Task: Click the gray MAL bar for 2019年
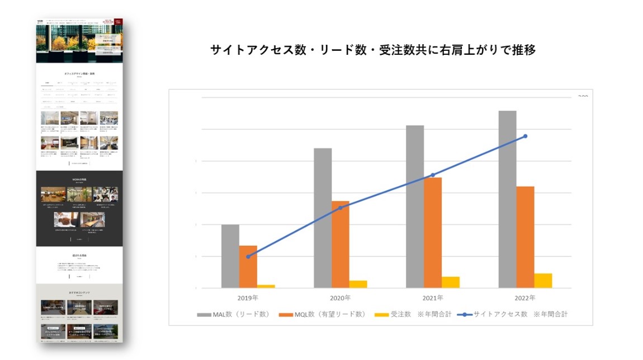tap(230, 256)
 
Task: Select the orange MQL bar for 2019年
tap(248, 267)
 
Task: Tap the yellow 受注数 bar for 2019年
tap(266, 286)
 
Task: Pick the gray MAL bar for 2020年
tap(323, 218)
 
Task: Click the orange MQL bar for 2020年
tap(340, 244)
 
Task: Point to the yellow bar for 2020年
tap(358, 284)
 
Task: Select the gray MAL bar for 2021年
tap(415, 206)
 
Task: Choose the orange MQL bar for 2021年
tap(432, 233)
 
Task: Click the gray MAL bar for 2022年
tap(507, 199)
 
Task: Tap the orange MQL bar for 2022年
tap(525, 237)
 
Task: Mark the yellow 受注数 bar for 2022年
tap(543, 281)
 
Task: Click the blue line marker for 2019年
tap(248, 257)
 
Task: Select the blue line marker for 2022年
tap(525, 136)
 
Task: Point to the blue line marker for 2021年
tap(432, 175)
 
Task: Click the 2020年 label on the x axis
tap(340, 298)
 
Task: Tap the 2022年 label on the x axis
tap(525, 298)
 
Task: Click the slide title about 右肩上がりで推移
tap(373, 50)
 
